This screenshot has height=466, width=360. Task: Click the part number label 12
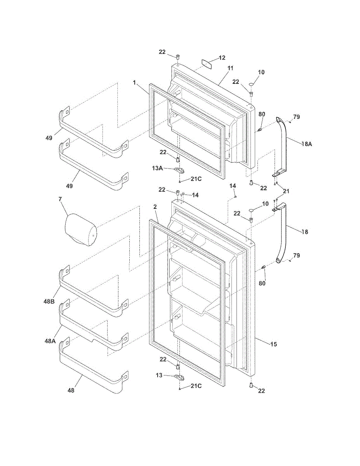point(222,58)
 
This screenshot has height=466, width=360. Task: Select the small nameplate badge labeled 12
point(207,63)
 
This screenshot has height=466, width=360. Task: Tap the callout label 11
point(230,68)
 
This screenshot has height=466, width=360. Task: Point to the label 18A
point(306,144)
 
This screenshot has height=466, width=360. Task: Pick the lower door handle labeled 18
point(284,233)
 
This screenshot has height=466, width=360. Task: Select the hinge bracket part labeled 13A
point(179,170)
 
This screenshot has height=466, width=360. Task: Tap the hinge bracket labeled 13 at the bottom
point(179,376)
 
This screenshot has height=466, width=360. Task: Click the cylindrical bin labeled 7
point(80,230)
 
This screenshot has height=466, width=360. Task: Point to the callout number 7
point(60,199)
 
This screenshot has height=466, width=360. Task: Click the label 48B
point(49,301)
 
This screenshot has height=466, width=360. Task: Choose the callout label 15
point(274,344)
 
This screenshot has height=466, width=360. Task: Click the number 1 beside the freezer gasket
point(134,83)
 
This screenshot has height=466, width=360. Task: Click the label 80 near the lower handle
point(262,283)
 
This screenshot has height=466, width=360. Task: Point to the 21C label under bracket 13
point(196,386)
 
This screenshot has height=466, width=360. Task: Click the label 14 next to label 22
point(195,195)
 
